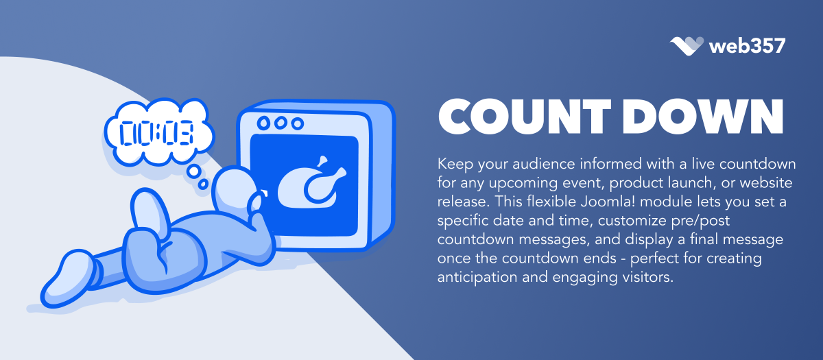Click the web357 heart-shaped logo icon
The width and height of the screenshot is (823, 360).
[x=687, y=47]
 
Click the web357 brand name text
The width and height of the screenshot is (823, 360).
[x=748, y=47]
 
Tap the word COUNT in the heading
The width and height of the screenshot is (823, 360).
[x=524, y=117]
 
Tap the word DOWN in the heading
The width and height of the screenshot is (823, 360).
[x=703, y=117]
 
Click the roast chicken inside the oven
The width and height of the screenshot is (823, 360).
[x=311, y=182]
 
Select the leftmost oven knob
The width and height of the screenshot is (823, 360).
[x=263, y=123]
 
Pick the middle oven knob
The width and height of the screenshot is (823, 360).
[x=281, y=123]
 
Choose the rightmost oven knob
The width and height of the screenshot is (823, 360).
[x=298, y=124]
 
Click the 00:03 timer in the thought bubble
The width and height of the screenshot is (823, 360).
[x=156, y=133]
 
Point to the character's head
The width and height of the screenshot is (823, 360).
[x=235, y=189]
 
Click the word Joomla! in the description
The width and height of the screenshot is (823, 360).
[x=629, y=202]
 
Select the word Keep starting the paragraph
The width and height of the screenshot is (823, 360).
[x=455, y=164]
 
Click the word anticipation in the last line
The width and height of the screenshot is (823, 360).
[x=477, y=278]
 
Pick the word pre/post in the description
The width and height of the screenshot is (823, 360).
[x=700, y=221]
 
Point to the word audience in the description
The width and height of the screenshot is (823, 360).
[x=544, y=164]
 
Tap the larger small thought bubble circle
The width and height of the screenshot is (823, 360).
[x=194, y=171]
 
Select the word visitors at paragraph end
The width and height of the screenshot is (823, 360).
[x=647, y=277]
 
